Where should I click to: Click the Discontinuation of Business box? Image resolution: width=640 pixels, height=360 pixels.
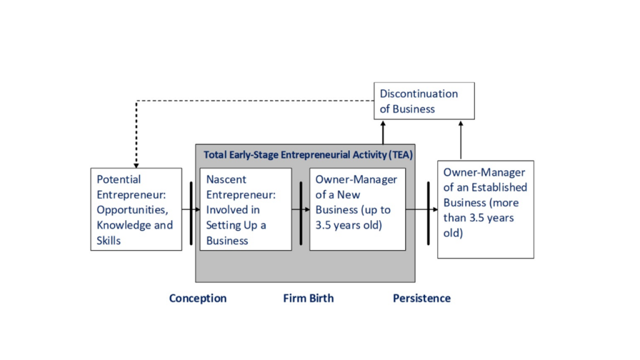(x=424, y=101)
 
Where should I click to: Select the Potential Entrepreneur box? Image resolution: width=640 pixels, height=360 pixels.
(x=136, y=209)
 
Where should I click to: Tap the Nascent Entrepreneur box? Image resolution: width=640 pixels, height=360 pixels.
(x=246, y=209)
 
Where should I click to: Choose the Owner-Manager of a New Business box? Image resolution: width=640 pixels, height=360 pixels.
(x=357, y=209)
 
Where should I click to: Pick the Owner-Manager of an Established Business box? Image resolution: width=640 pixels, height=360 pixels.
(x=486, y=209)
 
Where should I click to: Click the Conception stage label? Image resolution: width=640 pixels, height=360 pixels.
(x=198, y=298)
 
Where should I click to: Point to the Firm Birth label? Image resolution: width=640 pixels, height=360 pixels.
(x=309, y=298)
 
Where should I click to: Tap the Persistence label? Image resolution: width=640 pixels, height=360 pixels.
(x=422, y=298)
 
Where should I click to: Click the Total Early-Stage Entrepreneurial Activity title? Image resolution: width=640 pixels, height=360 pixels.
(x=308, y=155)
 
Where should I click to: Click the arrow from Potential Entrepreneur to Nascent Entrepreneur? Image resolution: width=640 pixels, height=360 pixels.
(x=191, y=209)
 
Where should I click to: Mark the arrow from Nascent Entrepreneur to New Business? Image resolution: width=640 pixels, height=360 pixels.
(x=301, y=209)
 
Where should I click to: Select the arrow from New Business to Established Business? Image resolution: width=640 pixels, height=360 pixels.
(x=422, y=209)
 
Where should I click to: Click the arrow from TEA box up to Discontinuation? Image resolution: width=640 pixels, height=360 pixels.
(x=383, y=132)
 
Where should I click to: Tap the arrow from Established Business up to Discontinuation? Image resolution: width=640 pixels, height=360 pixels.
(x=461, y=139)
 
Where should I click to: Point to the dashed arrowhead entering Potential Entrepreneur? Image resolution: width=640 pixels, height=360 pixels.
(x=136, y=166)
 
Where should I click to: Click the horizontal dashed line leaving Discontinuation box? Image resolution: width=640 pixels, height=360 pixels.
(x=255, y=101)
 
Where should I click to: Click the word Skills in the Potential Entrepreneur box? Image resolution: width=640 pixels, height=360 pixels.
(x=109, y=241)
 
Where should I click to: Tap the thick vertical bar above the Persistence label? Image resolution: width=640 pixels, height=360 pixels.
(x=428, y=214)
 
